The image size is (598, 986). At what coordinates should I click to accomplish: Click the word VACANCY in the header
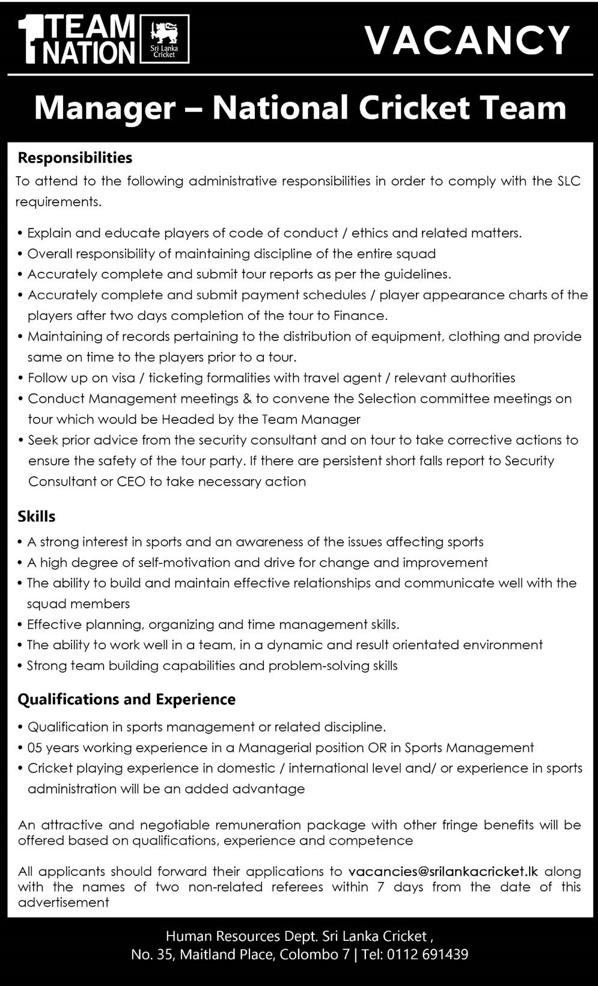click(x=467, y=40)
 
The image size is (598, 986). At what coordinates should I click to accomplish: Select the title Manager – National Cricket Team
click(x=300, y=108)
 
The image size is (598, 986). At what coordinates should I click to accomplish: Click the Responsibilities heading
click(x=75, y=158)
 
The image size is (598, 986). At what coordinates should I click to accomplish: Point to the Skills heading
click(x=37, y=516)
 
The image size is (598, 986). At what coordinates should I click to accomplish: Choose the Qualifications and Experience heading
click(x=127, y=699)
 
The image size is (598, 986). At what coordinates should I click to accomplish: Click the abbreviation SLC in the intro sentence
click(x=568, y=181)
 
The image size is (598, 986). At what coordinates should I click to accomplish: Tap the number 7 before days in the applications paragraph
click(x=381, y=887)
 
